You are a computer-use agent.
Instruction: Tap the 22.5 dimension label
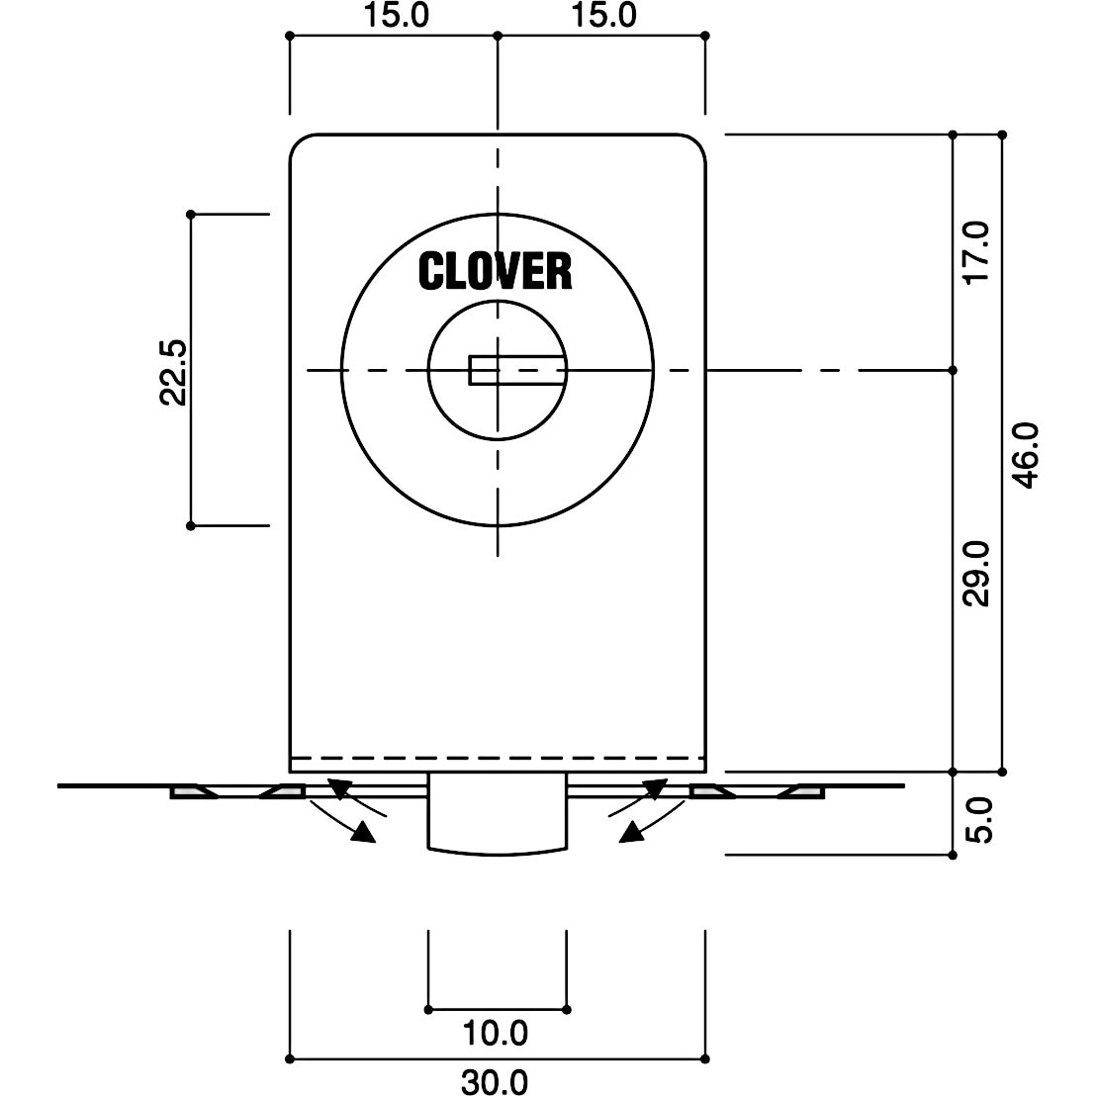(173, 373)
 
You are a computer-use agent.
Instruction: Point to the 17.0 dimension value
(976, 252)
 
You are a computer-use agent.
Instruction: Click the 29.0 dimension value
(976, 573)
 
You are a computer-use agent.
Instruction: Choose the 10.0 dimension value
(495, 1033)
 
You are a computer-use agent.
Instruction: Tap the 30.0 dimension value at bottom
(495, 1083)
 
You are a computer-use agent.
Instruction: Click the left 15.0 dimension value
(396, 16)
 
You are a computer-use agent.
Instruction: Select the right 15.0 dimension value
(604, 16)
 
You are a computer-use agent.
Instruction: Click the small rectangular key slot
(516, 371)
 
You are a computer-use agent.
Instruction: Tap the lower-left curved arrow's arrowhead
(363, 832)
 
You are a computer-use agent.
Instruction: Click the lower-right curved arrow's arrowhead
(631, 832)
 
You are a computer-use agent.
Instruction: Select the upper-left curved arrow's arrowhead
(338, 787)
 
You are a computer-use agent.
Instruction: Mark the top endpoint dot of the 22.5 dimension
(191, 214)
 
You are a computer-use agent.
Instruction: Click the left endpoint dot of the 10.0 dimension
(427, 1009)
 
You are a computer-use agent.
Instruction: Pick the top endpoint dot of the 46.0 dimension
(1002, 135)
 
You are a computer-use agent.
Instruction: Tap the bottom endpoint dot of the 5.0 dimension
(952, 855)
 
